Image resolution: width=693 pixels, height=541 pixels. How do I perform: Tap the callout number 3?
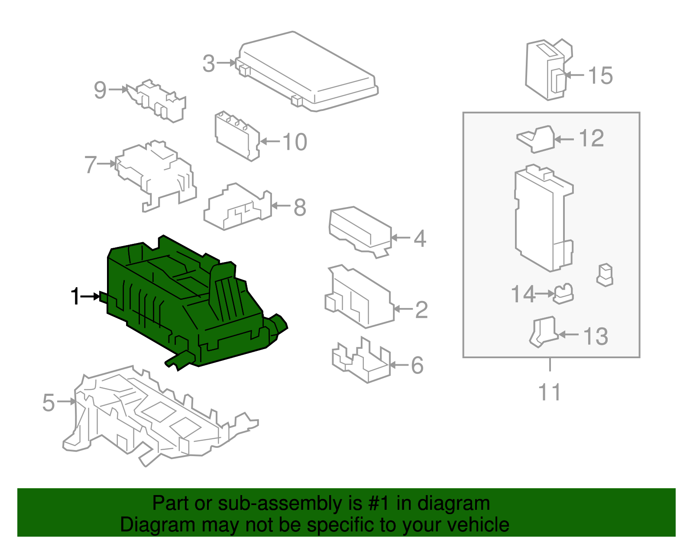coord(209,64)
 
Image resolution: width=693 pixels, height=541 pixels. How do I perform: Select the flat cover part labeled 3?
coord(308,71)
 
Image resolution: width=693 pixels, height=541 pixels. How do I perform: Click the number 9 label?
coord(100,90)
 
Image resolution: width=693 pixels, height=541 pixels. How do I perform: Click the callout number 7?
coord(90,165)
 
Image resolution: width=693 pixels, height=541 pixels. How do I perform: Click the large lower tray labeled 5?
coord(152,416)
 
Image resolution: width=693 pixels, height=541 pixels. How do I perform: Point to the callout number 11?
coord(549,392)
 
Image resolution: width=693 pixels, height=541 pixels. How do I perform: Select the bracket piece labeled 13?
coord(543,332)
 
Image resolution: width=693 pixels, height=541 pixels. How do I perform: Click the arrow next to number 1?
coord(91,297)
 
